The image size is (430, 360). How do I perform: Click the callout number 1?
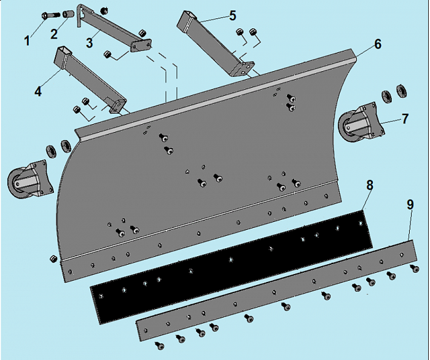point(27,41)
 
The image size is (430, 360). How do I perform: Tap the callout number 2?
point(54,34)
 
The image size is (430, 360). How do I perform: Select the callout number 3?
point(90,43)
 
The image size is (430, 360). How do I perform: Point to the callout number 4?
point(38,92)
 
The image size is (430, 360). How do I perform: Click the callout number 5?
point(233,15)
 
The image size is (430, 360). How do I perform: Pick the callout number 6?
point(378,44)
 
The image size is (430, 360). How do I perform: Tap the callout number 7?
point(405,119)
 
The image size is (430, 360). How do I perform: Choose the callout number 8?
point(370,185)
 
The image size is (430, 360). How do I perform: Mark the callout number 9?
point(410,205)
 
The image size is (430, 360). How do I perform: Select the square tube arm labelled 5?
point(216,44)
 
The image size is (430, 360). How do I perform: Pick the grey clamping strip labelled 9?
point(276,291)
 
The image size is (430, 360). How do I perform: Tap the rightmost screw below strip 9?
point(415,268)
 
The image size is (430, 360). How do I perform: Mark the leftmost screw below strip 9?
point(160,345)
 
